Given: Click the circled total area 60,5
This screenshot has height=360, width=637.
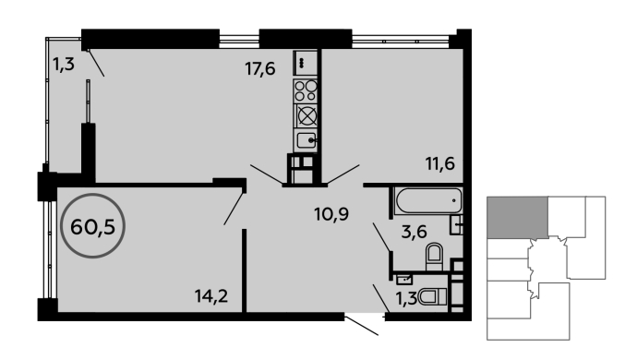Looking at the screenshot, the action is tap(92, 226).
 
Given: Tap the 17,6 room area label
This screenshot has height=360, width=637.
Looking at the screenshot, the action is tap(260, 69).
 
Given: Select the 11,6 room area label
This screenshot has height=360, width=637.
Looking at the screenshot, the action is tap(440, 163).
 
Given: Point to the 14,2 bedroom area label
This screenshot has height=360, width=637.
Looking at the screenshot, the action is tap(211, 295).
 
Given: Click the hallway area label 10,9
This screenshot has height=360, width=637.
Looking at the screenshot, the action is tap(331, 213).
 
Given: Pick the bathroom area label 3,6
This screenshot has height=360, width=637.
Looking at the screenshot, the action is tap(414, 232).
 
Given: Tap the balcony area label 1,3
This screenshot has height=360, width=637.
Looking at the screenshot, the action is tap(64, 64).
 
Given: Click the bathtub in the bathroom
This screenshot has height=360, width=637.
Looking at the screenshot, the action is tap(428, 200).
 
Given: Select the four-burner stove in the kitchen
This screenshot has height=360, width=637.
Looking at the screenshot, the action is tap(306, 90).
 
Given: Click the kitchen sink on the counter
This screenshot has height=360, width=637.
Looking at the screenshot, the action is tap(306, 140).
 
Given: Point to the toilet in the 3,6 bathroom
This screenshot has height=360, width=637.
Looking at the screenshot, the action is tap(434, 257).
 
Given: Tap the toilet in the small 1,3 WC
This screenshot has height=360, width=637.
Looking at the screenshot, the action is tap(432, 297).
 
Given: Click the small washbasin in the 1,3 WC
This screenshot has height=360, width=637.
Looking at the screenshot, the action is tap(403, 279).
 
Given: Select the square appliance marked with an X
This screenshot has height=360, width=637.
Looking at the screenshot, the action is tap(306, 115).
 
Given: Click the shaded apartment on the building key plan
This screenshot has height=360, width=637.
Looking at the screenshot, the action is tap(517, 217).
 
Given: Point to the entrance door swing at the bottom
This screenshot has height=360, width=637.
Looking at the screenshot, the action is tap(362, 326).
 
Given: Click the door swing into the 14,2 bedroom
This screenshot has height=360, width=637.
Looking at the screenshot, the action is tap(234, 209).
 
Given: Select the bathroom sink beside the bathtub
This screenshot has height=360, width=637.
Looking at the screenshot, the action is tap(457, 224).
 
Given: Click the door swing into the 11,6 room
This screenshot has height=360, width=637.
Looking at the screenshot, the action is tap(343, 174).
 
